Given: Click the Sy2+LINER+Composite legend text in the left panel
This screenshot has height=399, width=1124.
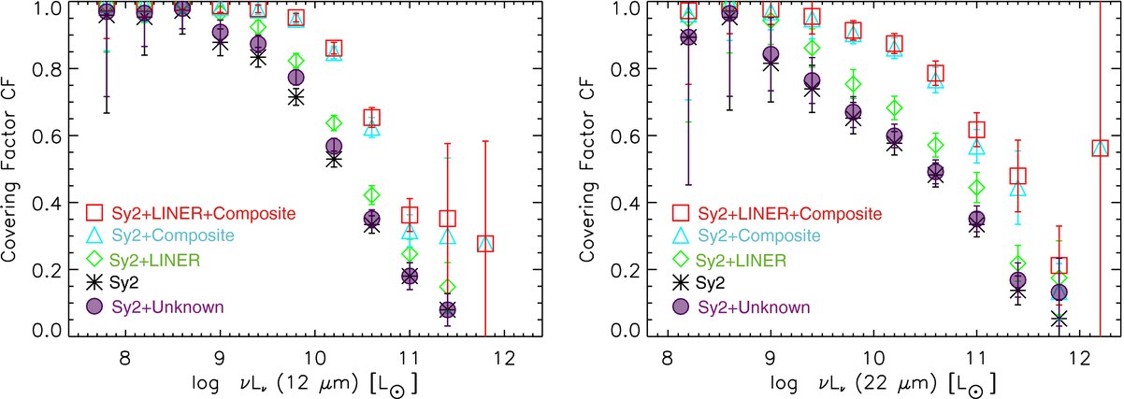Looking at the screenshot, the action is click(204, 214).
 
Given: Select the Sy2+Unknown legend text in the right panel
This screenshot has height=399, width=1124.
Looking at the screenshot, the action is click(754, 306).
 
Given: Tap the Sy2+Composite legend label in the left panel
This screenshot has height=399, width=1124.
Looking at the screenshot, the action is click(173, 235).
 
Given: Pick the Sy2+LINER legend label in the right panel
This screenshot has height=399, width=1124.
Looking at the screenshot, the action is click(742, 260).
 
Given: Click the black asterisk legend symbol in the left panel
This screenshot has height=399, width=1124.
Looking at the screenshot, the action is click(94, 283).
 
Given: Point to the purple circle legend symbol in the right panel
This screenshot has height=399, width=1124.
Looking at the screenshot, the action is click(681, 306).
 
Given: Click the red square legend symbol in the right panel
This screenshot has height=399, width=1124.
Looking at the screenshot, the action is click(681, 212).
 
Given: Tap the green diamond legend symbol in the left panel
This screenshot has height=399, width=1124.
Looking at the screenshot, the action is click(94, 259).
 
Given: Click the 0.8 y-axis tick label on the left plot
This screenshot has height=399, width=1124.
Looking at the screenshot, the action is click(47, 68).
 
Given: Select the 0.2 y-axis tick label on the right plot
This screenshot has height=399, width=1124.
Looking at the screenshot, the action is click(626, 270).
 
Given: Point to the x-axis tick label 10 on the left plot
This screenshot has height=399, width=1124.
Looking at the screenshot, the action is click(314, 358).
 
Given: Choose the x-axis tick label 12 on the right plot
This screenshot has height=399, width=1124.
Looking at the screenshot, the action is click(1080, 358).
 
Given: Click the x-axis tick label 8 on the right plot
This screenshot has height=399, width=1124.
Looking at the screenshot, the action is click(668, 358).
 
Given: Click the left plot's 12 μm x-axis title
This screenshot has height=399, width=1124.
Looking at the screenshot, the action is click(305, 384).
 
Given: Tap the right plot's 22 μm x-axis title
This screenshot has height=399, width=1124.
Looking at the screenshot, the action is click(883, 384).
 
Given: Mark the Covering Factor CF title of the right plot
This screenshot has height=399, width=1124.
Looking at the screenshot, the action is click(586, 169).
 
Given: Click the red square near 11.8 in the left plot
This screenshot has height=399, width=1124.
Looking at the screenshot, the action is click(485, 244).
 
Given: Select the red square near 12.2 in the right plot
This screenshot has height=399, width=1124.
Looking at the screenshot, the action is click(1100, 148).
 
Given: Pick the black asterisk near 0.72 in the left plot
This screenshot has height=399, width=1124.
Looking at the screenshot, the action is click(296, 97).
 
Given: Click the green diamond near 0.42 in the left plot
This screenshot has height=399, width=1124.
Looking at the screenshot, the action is click(372, 195).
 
